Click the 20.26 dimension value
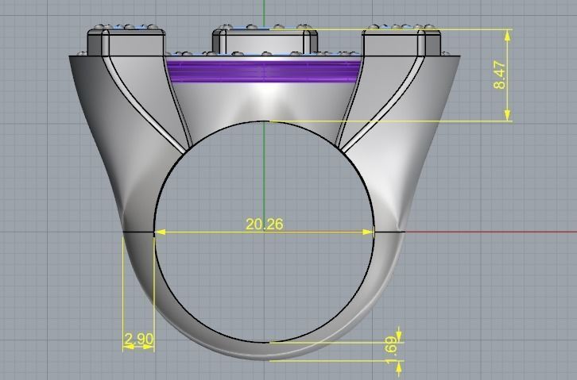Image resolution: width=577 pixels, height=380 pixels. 264,225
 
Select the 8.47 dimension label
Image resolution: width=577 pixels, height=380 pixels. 500,75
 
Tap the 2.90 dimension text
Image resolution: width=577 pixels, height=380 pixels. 138,340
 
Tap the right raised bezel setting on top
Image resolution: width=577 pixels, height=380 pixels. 402,41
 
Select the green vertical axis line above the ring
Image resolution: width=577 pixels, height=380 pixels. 264,12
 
